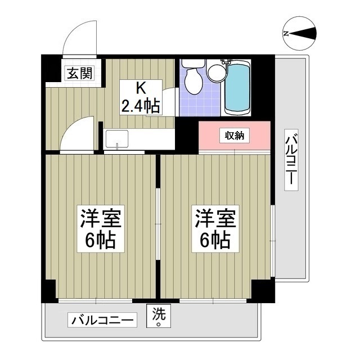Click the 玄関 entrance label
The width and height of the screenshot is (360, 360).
[80, 73]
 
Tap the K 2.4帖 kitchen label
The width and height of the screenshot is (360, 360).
[141, 97]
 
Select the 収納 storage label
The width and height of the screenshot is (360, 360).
[235, 136]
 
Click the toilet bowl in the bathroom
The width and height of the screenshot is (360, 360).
[194, 81]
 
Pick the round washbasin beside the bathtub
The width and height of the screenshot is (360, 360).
[217, 73]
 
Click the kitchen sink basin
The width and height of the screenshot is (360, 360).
[117, 139]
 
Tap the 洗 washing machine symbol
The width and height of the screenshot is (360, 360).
[159, 316]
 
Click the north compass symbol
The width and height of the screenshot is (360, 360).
[300, 34]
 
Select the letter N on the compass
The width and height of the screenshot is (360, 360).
[286, 34]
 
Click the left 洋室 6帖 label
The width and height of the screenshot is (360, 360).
[101, 229]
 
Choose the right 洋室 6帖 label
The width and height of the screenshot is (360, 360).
[215, 229]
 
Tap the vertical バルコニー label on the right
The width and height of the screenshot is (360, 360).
[291, 160]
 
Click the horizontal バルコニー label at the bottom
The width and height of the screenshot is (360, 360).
[102, 320]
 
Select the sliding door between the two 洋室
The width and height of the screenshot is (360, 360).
[157, 224]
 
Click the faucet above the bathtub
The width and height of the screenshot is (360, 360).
[226, 62]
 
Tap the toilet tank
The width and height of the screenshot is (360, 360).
[193, 64]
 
